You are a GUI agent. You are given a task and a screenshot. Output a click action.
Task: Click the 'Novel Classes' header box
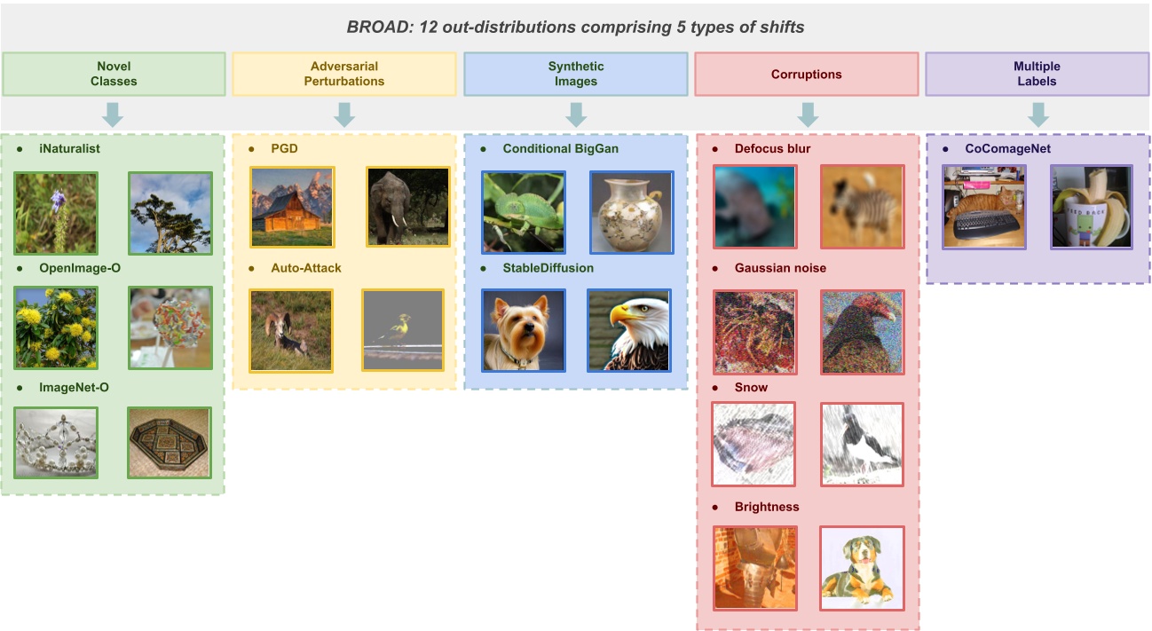pyautogui.click(x=113, y=74)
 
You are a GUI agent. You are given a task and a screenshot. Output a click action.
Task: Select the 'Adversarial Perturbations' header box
pyautogui.click(x=344, y=74)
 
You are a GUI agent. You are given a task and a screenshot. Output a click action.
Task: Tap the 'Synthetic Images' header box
pyautogui.click(x=575, y=74)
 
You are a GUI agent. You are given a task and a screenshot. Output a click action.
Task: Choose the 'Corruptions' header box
pyautogui.click(x=806, y=74)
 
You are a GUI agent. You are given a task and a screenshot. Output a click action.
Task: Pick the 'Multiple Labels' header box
pyautogui.click(x=1037, y=74)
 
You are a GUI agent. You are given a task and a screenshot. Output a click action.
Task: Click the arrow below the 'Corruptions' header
pyautogui.click(x=807, y=114)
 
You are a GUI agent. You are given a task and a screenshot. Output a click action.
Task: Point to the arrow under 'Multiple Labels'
pyautogui.click(x=1038, y=114)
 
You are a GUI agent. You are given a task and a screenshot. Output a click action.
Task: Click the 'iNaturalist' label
pyautogui.click(x=69, y=149)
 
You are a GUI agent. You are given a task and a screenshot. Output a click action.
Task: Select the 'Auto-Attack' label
pyautogui.click(x=305, y=267)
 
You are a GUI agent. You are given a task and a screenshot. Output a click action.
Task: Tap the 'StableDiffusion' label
pyautogui.click(x=548, y=267)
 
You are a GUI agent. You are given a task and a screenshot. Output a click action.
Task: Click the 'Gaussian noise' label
pyautogui.click(x=780, y=268)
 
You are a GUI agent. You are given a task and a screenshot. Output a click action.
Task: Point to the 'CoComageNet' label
pyautogui.click(x=1007, y=149)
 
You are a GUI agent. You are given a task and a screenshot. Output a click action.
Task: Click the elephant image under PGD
pyautogui.click(x=408, y=207)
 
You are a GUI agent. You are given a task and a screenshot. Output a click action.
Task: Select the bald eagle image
pyautogui.click(x=628, y=330)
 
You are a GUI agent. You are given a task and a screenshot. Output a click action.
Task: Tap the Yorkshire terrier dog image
pyautogui.click(x=523, y=330)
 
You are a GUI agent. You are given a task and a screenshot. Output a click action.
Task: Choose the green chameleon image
pyautogui.click(x=523, y=212)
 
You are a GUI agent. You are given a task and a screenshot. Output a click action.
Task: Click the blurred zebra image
pyautogui.click(x=862, y=207)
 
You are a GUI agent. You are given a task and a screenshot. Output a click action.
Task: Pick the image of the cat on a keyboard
pyautogui.click(x=983, y=207)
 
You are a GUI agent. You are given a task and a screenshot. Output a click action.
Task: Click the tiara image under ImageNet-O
pyautogui.click(x=56, y=443)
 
